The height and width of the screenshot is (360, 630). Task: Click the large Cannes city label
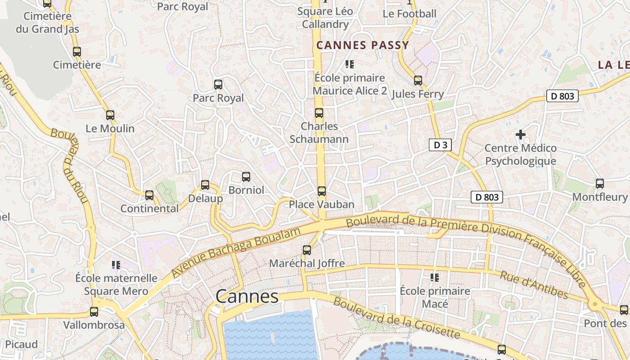247,297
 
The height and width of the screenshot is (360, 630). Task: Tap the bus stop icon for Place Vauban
322,191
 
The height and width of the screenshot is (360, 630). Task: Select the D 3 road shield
440,145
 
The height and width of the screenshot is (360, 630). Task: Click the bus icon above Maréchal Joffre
307,250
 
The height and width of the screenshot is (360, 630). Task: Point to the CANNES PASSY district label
363,45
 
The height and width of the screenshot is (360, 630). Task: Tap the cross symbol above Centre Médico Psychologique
521,135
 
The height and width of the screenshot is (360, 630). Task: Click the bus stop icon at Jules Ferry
418,81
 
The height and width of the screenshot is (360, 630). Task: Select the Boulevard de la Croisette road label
396,318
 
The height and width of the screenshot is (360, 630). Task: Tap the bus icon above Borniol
246,177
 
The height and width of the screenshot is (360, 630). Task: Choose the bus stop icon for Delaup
205,185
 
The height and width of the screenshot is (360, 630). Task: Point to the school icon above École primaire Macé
435,277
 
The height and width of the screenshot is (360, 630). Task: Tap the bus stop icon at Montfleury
600,184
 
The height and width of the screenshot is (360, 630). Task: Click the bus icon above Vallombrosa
94,311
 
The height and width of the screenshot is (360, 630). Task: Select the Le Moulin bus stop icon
110,115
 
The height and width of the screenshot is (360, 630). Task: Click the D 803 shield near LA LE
562,95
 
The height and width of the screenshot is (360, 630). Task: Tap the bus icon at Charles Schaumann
319,113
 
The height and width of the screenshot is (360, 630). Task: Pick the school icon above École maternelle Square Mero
116,265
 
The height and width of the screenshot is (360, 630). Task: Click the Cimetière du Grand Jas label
47,22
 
